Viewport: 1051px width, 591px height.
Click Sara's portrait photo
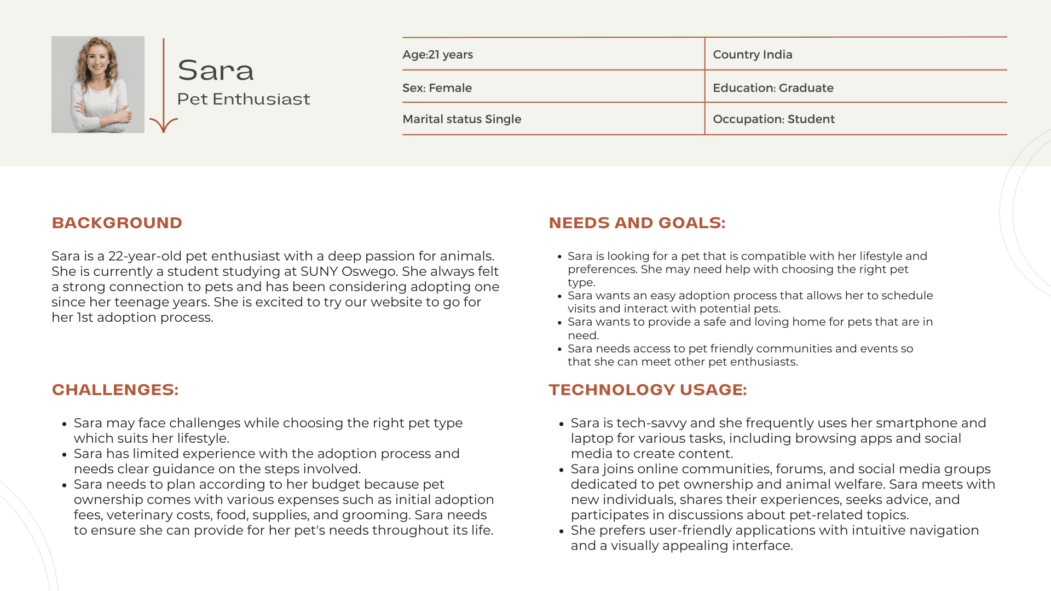98,84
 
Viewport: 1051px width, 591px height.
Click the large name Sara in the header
216,70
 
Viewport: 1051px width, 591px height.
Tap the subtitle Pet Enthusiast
244,99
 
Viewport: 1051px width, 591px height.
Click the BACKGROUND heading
117,223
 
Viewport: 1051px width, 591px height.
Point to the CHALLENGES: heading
115,390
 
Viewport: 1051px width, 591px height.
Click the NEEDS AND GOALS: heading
637,223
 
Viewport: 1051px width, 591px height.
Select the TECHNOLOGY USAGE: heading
648,390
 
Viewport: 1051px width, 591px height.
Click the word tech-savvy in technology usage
651,423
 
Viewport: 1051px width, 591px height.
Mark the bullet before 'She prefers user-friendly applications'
562,531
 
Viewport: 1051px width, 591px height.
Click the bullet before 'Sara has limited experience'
65,455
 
